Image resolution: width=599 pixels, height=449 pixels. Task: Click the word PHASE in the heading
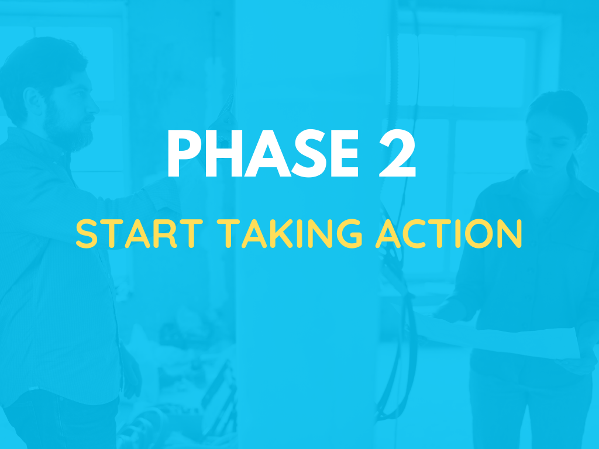point(263,153)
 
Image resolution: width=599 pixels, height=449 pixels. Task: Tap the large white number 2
point(397,153)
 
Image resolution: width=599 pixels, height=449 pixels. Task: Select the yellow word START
point(139,234)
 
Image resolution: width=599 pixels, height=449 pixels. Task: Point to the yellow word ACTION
point(449,234)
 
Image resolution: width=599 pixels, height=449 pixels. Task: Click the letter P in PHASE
point(184,153)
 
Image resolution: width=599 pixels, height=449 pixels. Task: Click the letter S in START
point(87,234)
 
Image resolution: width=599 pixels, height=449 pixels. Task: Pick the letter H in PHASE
point(224,153)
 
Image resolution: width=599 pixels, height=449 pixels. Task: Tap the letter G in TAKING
point(349,234)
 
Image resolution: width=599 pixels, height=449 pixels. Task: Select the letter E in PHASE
point(345,153)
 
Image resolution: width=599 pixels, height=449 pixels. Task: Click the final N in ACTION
point(510,234)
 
